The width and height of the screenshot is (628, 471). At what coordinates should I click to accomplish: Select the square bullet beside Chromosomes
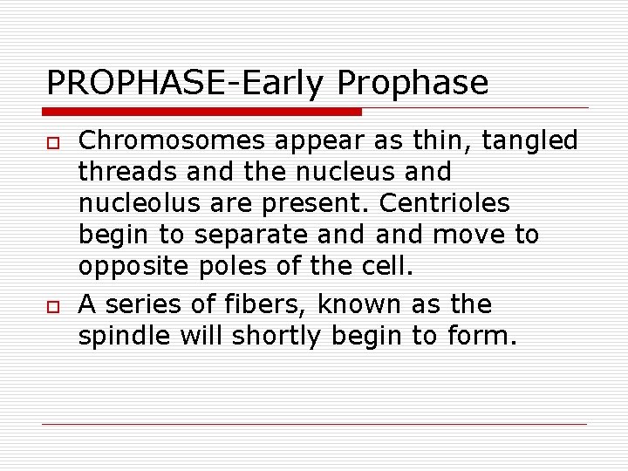pos(53,141)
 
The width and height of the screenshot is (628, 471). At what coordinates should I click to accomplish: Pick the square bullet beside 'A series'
pos(53,305)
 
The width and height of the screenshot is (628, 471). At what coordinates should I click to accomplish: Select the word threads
pos(122,172)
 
